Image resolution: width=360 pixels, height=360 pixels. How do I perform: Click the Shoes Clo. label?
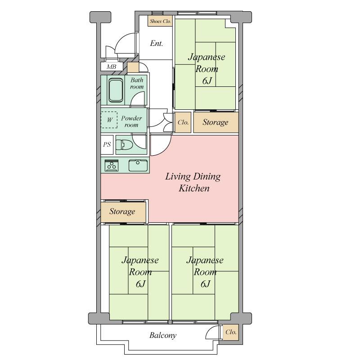tap(161, 21)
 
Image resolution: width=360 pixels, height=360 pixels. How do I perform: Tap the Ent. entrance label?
tap(157, 43)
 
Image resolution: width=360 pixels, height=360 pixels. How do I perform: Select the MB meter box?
tap(112, 67)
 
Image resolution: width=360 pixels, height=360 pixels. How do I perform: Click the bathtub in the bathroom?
tap(116, 90)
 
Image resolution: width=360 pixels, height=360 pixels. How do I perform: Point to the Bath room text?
tap(137, 83)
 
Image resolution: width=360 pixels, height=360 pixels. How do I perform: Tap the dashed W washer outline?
tap(109, 120)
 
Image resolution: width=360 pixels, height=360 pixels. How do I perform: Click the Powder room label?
tap(131, 121)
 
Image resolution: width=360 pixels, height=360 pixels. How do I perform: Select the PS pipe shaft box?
tap(107, 144)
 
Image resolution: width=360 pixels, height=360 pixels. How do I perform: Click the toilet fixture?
tap(125, 145)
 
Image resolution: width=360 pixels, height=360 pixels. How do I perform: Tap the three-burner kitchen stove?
tap(112, 166)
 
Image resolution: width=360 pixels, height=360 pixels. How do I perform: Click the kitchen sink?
tap(138, 166)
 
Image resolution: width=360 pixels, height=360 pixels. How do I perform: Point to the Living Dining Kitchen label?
tap(193, 182)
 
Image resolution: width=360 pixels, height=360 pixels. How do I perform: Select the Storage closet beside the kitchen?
tap(123, 211)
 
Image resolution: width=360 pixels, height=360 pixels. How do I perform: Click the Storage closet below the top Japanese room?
tap(216, 122)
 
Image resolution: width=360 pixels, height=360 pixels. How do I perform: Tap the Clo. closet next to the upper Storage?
tap(183, 122)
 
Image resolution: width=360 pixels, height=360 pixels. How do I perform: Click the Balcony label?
tap(163, 335)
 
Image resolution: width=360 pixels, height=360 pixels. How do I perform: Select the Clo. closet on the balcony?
tap(231, 332)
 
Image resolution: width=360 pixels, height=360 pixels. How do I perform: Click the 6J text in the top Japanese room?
tap(207, 81)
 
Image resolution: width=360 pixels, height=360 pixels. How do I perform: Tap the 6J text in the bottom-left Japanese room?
tap(140, 284)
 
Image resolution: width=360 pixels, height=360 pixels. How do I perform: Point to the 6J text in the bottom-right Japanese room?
tap(205, 284)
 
